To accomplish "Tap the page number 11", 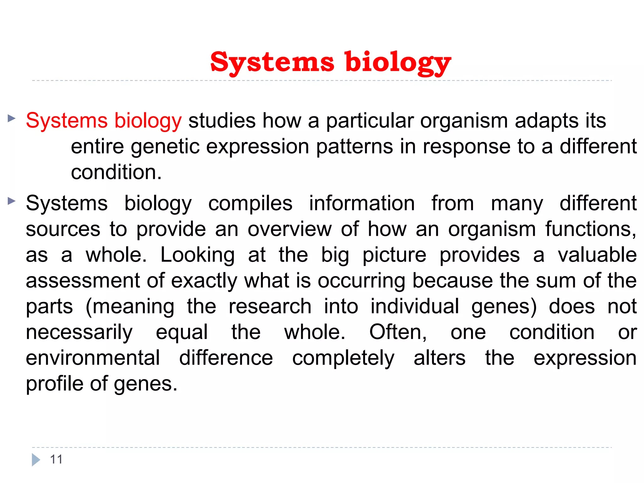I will tap(56, 459).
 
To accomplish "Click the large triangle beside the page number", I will tap(36, 460).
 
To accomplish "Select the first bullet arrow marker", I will tap(12, 119).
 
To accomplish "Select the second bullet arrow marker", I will tap(12, 201).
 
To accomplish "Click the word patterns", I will tap(354, 147).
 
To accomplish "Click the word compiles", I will tap(250, 204).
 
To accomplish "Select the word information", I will tap(362, 203).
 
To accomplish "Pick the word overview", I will tap(289, 229).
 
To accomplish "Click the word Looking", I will tap(197, 255).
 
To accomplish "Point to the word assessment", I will tap(82, 281).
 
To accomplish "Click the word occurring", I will tap(362, 281).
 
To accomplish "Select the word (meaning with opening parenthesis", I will tap(130, 307).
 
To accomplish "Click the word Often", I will tap(398, 332).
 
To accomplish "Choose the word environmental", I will tap(93, 358).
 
